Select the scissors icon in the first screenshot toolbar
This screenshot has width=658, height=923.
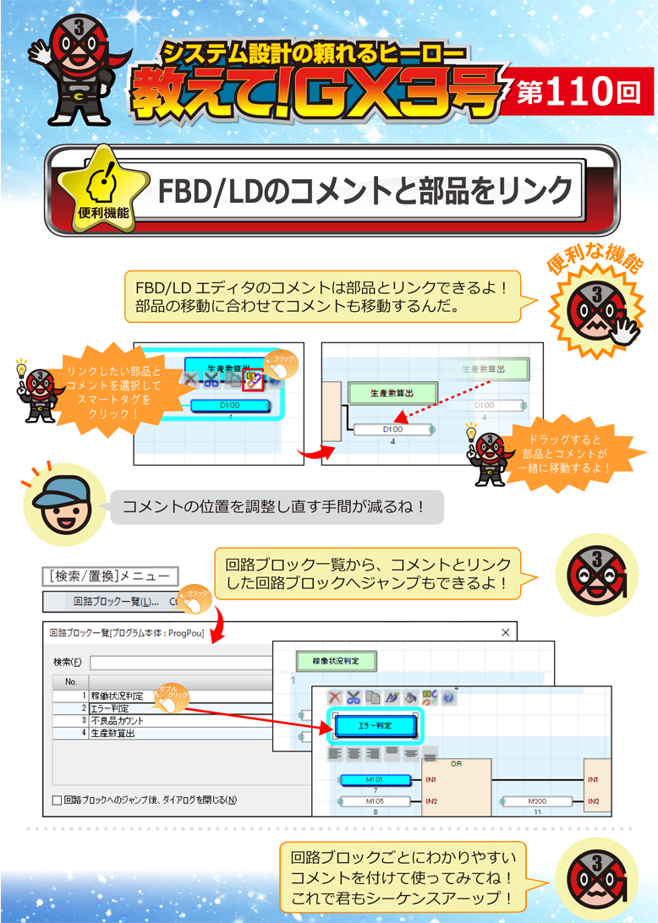[x=211, y=380]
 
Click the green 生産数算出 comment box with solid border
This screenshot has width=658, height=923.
[x=392, y=393]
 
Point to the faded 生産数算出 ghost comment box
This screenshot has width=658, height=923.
[x=483, y=369]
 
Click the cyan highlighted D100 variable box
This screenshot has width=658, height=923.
[x=229, y=405]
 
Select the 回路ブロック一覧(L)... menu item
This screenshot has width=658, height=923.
[x=116, y=603]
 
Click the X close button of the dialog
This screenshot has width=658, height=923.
[x=506, y=632]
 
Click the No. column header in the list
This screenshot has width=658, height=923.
[x=71, y=681]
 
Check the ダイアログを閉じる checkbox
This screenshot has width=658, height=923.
[x=58, y=800]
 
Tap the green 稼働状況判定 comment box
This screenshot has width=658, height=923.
[x=336, y=661]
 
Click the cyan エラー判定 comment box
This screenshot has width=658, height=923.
[x=375, y=725]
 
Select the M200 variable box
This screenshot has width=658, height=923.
[x=540, y=800]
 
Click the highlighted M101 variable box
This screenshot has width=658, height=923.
[x=375, y=778]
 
